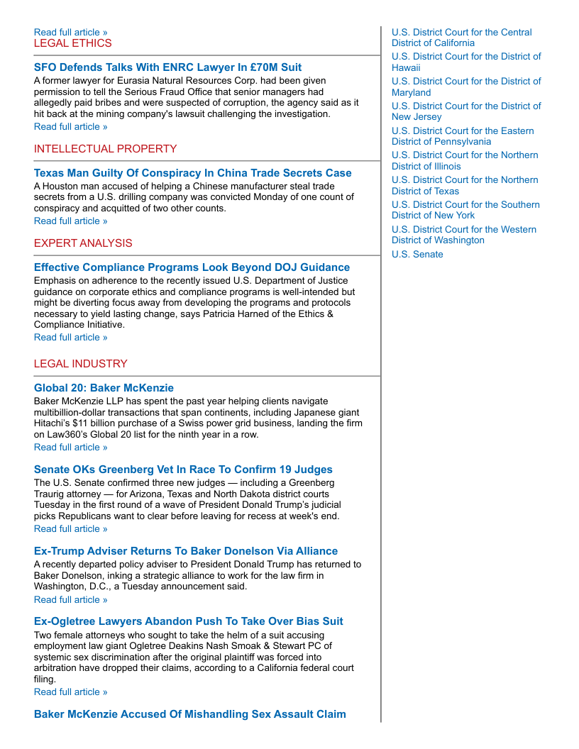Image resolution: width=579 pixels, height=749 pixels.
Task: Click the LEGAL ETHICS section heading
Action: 72,43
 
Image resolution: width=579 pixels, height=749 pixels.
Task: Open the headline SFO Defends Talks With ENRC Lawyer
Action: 167,67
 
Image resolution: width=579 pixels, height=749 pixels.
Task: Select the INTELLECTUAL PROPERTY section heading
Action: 105,149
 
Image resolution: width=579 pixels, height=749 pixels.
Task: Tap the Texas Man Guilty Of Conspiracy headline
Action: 192,173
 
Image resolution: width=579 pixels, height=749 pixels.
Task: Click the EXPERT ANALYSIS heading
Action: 83,243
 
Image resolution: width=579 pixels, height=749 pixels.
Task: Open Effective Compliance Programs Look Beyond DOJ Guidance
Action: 192,267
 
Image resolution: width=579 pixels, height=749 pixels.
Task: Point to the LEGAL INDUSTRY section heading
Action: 80,364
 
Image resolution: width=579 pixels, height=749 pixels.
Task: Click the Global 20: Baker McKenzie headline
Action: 104,388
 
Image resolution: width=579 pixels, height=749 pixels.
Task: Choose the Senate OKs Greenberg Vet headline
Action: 183,470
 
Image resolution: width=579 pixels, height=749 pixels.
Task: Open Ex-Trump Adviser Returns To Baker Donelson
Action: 186,551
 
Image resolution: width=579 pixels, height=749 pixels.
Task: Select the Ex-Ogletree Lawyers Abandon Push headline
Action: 188,621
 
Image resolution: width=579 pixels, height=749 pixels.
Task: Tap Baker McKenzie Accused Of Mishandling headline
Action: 189,714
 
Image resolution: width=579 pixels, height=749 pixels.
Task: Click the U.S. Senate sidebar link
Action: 417,255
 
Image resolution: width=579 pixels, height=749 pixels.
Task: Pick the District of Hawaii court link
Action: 465,62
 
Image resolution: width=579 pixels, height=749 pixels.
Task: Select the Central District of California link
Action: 461,38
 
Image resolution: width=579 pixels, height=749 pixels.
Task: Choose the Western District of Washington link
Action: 464,235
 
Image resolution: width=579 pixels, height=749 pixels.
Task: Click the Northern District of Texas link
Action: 465,185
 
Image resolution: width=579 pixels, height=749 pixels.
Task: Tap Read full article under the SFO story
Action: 71,127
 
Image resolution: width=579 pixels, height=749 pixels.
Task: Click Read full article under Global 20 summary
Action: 71,448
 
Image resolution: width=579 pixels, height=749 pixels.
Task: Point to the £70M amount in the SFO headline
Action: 257,67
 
